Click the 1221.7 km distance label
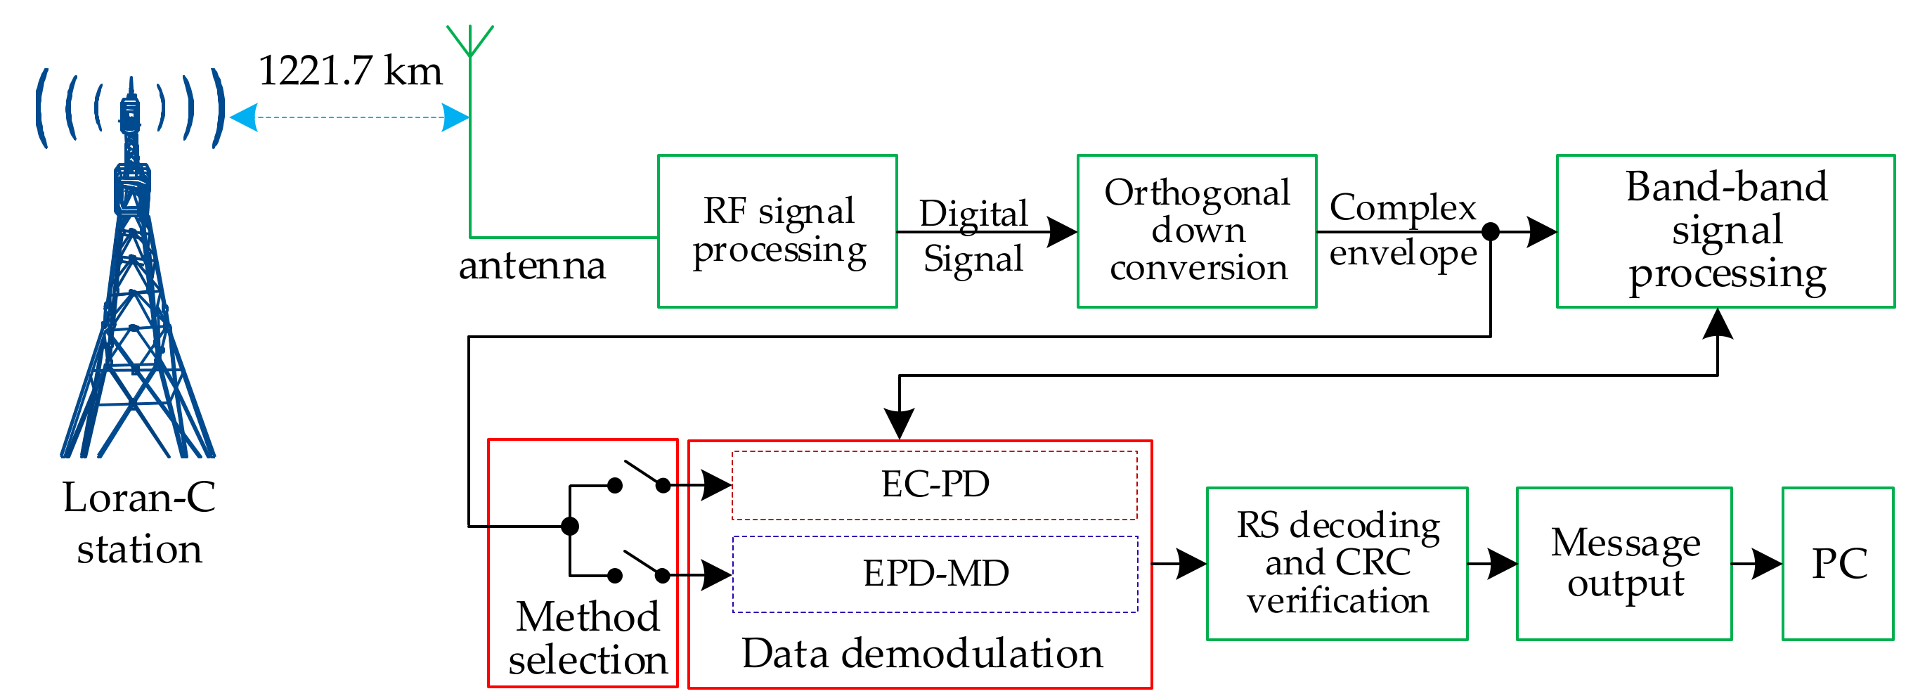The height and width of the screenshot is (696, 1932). pyautogui.click(x=349, y=72)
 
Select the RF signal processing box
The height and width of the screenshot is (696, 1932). pyautogui.click(x=777, y=231)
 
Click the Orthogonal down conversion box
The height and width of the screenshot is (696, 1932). pyautogui.click(x=1196, y=231)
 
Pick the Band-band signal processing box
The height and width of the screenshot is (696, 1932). pyautogui.click(x=1725, y=231)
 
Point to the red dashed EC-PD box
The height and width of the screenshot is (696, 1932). pyautogui.click(x=935, y=485)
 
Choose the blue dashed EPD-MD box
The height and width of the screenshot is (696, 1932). pyautogui.click(x=935, y=574)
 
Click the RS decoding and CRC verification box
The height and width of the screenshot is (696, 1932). pyautogui.click(x=1337, y=563)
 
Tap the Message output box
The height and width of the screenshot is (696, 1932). pyautogui.click(x=1623, y=563)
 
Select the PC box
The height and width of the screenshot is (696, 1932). pyautogui.click(x=1838, y=563)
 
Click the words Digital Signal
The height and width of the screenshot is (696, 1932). pyautogui.click(x=973, y=236)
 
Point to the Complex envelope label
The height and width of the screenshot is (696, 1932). pyautogui.click(x=1403, y=231)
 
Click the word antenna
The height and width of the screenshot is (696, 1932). pyautogui.click(x=532, y=266)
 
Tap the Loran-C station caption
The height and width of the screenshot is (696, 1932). pyautogui.click(x=138, y=523)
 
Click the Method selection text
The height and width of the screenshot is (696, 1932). pyautogui.click(x=588, y=638)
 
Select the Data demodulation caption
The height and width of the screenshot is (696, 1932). pyautogui.click(x=922, y=653)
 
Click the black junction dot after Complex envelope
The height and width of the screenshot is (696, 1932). pyautogui.click(x=1491, y=232)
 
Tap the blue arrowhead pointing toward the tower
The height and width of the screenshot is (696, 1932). pyautogui.click(x=244, y=117)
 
